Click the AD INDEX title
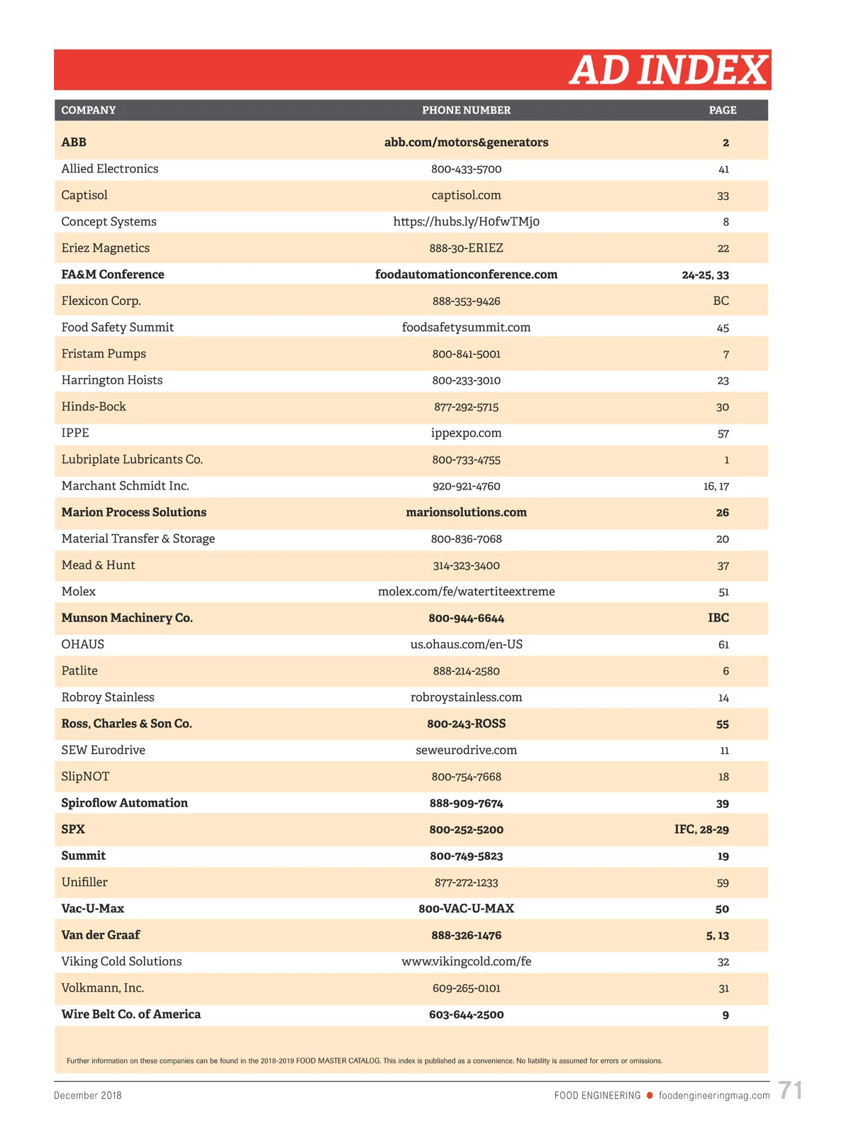[668, 70]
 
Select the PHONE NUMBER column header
[466, 110]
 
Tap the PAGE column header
[722, 110]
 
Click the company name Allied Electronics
[110, 169]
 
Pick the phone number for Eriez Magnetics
[466, 248]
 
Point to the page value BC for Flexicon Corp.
[721, 301]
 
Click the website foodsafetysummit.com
[466, 327]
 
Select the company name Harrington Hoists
[112, 380]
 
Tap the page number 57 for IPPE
[723, 433]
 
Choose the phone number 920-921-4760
[466, 486]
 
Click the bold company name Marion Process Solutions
[134, 512]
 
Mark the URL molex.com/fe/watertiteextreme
[466, 592]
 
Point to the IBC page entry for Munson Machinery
[718, 618]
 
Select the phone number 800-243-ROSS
[466, 724]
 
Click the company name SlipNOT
[85, 777]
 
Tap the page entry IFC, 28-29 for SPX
[701, 829]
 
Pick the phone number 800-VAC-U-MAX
[466, 909]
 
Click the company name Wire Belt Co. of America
[131, 1014]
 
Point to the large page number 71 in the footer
[790, 1090]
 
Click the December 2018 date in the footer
[88, 1095]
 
